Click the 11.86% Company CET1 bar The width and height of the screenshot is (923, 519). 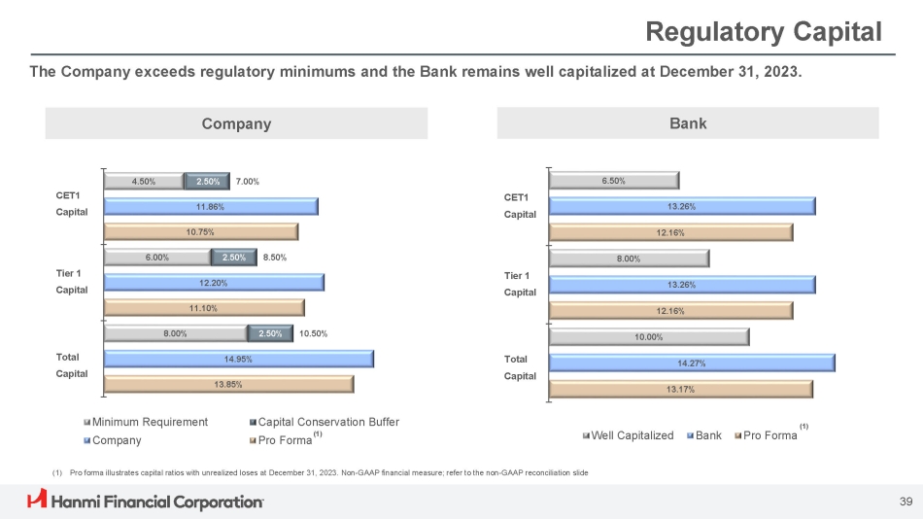click(x=211, y=206)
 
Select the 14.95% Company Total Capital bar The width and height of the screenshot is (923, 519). click(x=238, y=359)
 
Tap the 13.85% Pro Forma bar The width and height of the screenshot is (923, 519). click(x=228, y=384)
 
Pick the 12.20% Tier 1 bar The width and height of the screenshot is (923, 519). click(x=214, y=283)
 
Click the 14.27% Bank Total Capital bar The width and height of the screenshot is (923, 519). click(x=692, y=363)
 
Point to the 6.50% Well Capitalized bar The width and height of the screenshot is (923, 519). click(x=614, y=180)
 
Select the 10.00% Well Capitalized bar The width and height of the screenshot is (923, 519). click(x=649, y=337)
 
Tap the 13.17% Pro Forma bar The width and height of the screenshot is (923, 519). click(x=680, y=389)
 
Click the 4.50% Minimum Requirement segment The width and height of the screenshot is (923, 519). click(x=144, y=181)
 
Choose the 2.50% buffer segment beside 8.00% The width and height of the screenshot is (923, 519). click(x=270, y=333)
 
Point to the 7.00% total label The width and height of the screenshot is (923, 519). click(x=248, y=181)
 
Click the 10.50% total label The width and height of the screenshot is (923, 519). click(x=314, y=333)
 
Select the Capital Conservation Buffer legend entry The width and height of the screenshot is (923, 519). click(x=324, y=422)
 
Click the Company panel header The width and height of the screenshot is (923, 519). click(x=236, y=123)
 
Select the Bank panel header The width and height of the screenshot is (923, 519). click(x=688, y=123)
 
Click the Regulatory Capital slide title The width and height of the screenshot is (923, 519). click(x=764, y=32)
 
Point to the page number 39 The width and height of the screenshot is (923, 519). click(x=906, y=502)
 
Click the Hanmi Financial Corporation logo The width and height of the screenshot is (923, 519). click(x=145, y=502)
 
